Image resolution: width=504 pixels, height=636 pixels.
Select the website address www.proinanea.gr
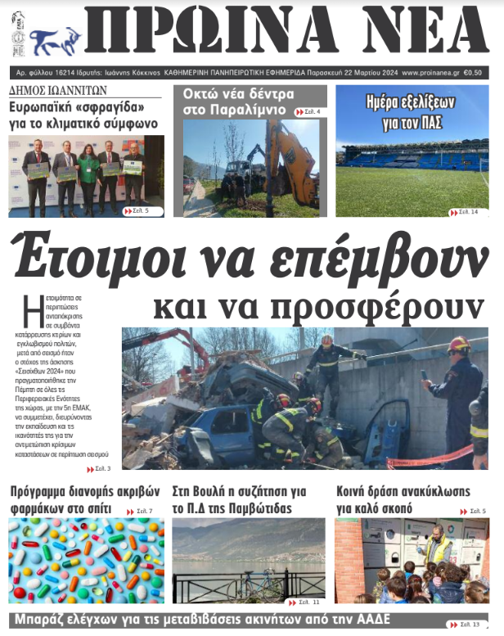pyautogui.click(x=431, y=72)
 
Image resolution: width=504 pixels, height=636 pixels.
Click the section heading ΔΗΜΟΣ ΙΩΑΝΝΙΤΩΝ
pyautogui.click(x=57, y=90)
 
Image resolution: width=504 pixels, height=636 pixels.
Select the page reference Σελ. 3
pyautogui.click(x=99, y=469)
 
